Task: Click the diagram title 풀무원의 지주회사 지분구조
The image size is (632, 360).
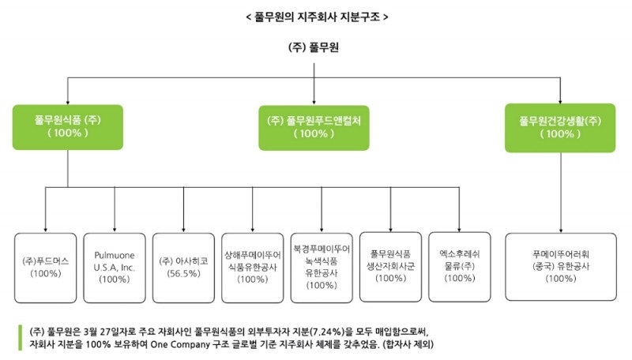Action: point(316,16)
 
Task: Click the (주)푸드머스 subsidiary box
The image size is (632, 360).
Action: point(45,266)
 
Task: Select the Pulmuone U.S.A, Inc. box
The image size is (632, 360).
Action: point(115,266)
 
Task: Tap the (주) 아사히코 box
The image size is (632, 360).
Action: point(183,266)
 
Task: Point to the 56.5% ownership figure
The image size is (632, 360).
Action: point(183,273)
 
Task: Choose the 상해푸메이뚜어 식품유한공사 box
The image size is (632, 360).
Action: point(252,266)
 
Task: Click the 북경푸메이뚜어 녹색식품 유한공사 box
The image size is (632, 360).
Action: point(321,266)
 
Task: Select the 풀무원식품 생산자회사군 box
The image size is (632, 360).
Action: point(389,266)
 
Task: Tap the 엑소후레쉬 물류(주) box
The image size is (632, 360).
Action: point(459,266)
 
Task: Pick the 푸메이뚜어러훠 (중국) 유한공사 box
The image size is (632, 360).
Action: point(561,266)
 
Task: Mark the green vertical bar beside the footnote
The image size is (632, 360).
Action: point(19,337)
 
